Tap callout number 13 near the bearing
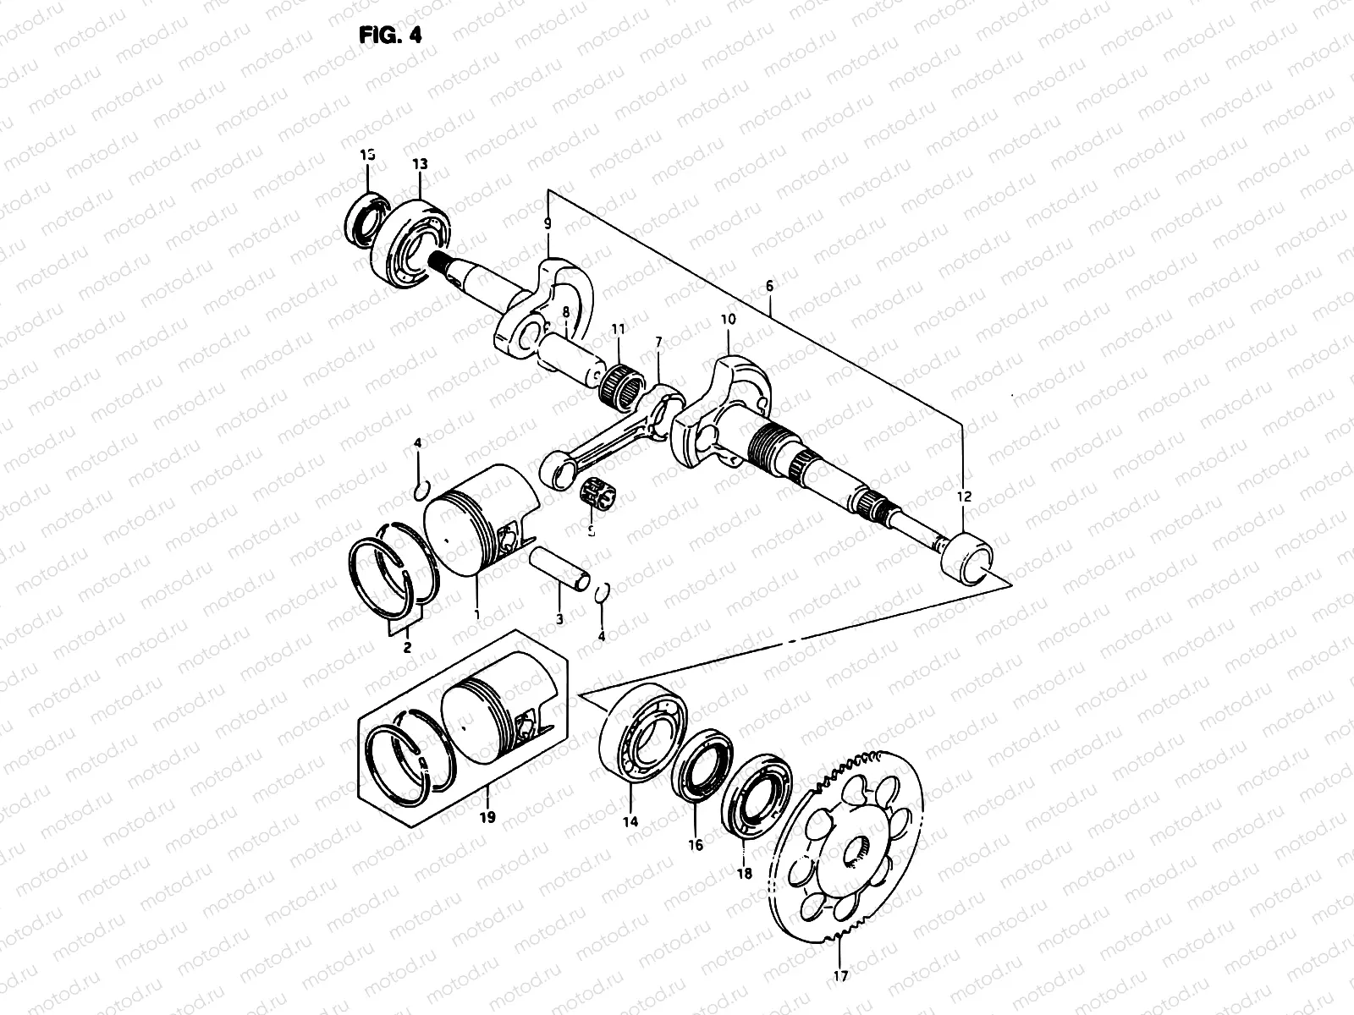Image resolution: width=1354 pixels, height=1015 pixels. tap(421, 164)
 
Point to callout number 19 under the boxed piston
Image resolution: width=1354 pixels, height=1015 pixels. tap(487, 818)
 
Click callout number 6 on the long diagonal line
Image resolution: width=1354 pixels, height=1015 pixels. tap(769, 286)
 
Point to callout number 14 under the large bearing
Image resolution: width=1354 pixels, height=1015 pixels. tap(630, 821)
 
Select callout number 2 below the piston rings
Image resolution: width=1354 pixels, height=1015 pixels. tap(407, 648)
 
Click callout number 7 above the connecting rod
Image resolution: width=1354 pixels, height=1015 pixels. tap(658, 341)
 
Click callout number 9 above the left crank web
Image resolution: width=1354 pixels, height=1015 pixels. tap(548, 224)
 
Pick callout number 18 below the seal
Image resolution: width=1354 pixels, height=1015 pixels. tap(744, 875)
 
